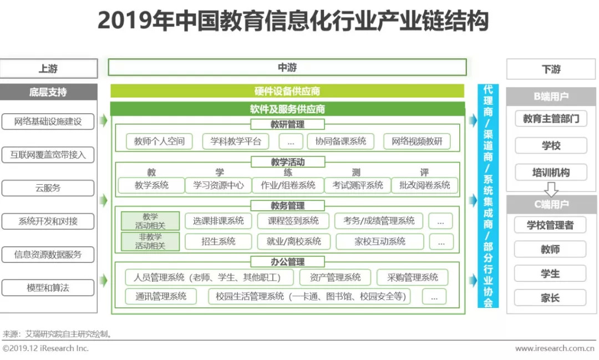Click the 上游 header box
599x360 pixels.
48,68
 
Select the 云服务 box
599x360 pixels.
48,188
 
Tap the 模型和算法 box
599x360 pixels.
48,288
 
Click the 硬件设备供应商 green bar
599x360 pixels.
287,91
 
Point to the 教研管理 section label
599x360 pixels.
288,124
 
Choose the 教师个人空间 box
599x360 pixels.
159,141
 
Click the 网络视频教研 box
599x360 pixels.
417,141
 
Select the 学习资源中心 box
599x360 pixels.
218,185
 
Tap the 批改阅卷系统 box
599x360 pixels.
424,185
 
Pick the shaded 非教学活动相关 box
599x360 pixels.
150,241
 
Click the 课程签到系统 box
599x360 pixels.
293,221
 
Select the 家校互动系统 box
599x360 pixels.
380,241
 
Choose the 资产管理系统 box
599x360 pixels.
335,277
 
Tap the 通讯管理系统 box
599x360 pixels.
161,297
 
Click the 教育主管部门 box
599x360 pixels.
551,119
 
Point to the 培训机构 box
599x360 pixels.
551,173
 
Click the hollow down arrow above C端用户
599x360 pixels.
551,189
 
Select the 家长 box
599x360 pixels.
550,298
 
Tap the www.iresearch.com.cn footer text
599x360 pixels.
555,348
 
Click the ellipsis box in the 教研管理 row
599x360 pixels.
291,141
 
